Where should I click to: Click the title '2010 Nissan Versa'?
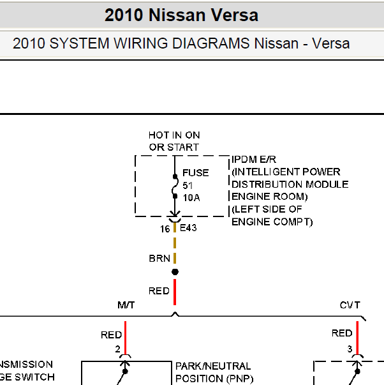[x=181, y=15]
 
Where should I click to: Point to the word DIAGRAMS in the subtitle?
[x=210, y=43]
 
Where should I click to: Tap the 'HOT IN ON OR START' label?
[x=174, y=141]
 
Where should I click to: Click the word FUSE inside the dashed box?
[x=196, y=173]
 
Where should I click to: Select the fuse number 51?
[x=188, y=186]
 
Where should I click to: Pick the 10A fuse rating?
[x=191, y=198]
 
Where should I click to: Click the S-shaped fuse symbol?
[x=175, y=186]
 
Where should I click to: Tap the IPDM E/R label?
[x=254, y=160]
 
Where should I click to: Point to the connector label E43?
[x=188, y=228]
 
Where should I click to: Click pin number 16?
[x=165, y=229]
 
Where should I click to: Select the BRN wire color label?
[x=159, y=259]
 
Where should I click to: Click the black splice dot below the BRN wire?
[x=175, y=272]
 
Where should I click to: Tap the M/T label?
[x=126, y=305]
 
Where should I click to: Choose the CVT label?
[x=350, y=305]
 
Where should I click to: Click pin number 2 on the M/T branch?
[x=118, y=349]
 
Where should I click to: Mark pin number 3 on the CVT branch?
[x=350, y=349]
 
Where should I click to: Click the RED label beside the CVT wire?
[x=342, y=333]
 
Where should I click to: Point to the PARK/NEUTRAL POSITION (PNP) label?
[x=214, y=372]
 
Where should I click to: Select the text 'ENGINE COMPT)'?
[x=272, y=222]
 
